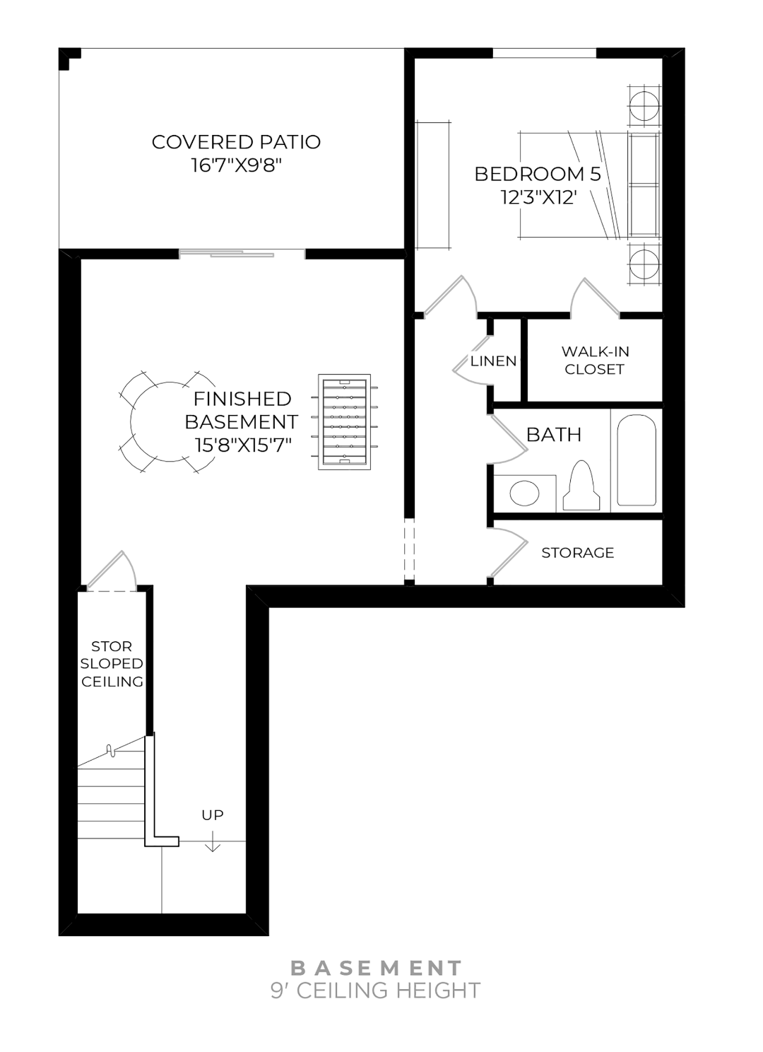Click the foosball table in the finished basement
point(344,423)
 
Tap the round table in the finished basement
point(168,422)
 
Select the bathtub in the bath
point(637,460)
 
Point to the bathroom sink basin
point(524,493)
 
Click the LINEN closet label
point(494,361)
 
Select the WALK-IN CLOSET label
point(595,360)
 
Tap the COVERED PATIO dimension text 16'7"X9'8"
point(237,165)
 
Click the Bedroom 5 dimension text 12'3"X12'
point(535,197)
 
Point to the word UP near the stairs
point(213,815)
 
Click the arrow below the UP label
point(213,842)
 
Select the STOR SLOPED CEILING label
point(112,664)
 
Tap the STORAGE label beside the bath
point(577,553)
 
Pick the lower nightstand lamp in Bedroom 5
point(644,264)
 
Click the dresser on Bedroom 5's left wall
point(433,185)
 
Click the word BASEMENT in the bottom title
point(377,968)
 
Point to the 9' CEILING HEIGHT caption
point(376,990)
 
